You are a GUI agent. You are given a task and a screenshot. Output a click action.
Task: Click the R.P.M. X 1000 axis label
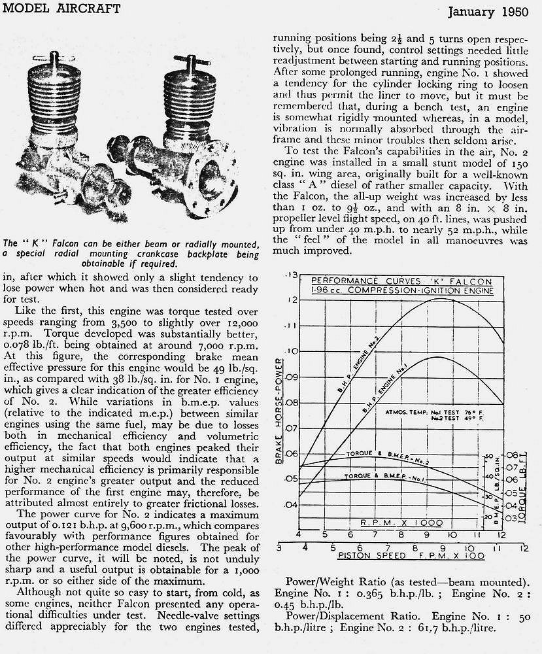click(401, 523)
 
